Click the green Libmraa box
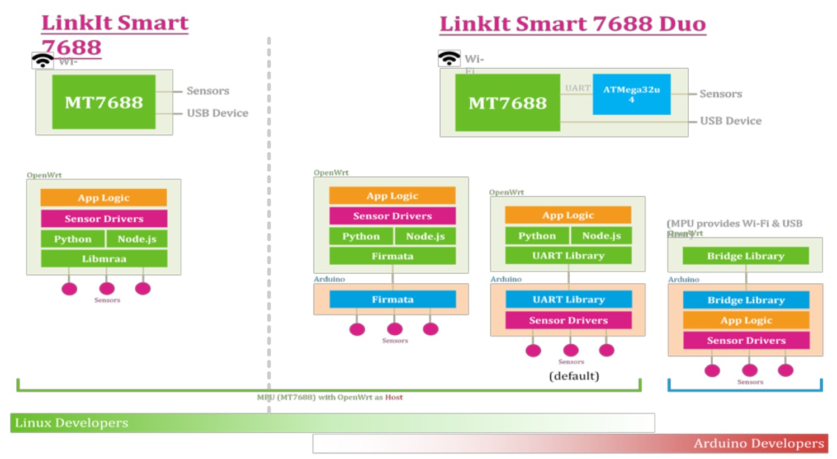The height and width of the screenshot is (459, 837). (104, 259)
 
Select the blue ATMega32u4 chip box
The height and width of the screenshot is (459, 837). (631, 94)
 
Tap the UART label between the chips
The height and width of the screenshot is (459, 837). (577, 88)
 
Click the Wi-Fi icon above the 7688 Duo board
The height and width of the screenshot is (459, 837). (449, 58)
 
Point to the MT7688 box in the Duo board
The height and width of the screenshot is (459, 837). (507, 103)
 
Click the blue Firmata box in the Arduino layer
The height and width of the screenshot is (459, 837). (393, 299)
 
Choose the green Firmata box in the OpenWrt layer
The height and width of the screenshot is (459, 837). (393, 256)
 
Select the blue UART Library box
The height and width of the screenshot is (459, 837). (569, 299)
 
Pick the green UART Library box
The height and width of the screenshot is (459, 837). (568, 255)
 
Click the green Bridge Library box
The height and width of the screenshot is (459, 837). (745, 256)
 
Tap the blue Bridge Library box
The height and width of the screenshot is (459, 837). (746, 300)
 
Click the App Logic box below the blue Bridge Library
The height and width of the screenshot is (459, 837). (746, 320)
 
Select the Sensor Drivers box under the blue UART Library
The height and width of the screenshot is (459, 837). (568, 320)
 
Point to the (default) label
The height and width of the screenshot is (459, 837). (574, 376)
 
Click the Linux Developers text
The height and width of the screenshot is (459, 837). (72, 423)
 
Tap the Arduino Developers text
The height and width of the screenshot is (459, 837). (759, 443)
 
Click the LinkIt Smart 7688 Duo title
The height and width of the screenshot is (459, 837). (573, 24)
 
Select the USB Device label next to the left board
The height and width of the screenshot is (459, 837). (217, 113)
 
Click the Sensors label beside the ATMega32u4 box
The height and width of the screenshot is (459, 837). (721, 94)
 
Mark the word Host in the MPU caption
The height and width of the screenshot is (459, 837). (394, 397)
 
